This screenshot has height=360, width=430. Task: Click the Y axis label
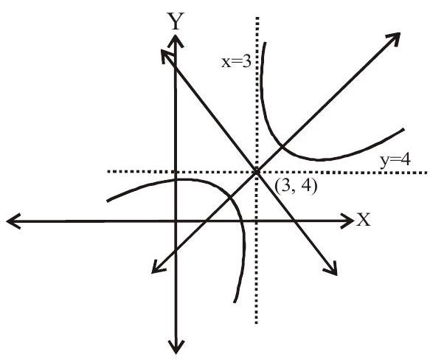tap(176, 21)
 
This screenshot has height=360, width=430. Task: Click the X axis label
tap(363, 220)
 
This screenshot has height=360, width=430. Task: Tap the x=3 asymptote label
tap(237, 62)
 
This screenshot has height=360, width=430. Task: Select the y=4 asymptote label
tap(395, 160)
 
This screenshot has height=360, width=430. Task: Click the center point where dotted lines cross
tap(257, 171)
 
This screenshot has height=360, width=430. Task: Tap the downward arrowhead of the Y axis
tap(176, 353)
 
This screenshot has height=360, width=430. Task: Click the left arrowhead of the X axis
tap(7, 221)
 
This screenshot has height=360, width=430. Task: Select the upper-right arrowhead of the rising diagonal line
tap(399, 33)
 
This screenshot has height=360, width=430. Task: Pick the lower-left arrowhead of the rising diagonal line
tap(153, 272)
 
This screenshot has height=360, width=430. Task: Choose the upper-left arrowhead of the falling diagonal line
tap(162, 50)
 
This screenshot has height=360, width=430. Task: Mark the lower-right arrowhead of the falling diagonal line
tap(336, 274)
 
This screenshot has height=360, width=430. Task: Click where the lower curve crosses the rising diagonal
tap(230, 196)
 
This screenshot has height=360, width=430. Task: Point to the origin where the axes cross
tap(176, 221)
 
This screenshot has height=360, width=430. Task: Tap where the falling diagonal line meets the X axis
tap(294, 221)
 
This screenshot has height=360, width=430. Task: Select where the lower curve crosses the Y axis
tap(176, 180)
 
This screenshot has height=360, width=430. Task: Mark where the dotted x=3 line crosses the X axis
tap(257, 221)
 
